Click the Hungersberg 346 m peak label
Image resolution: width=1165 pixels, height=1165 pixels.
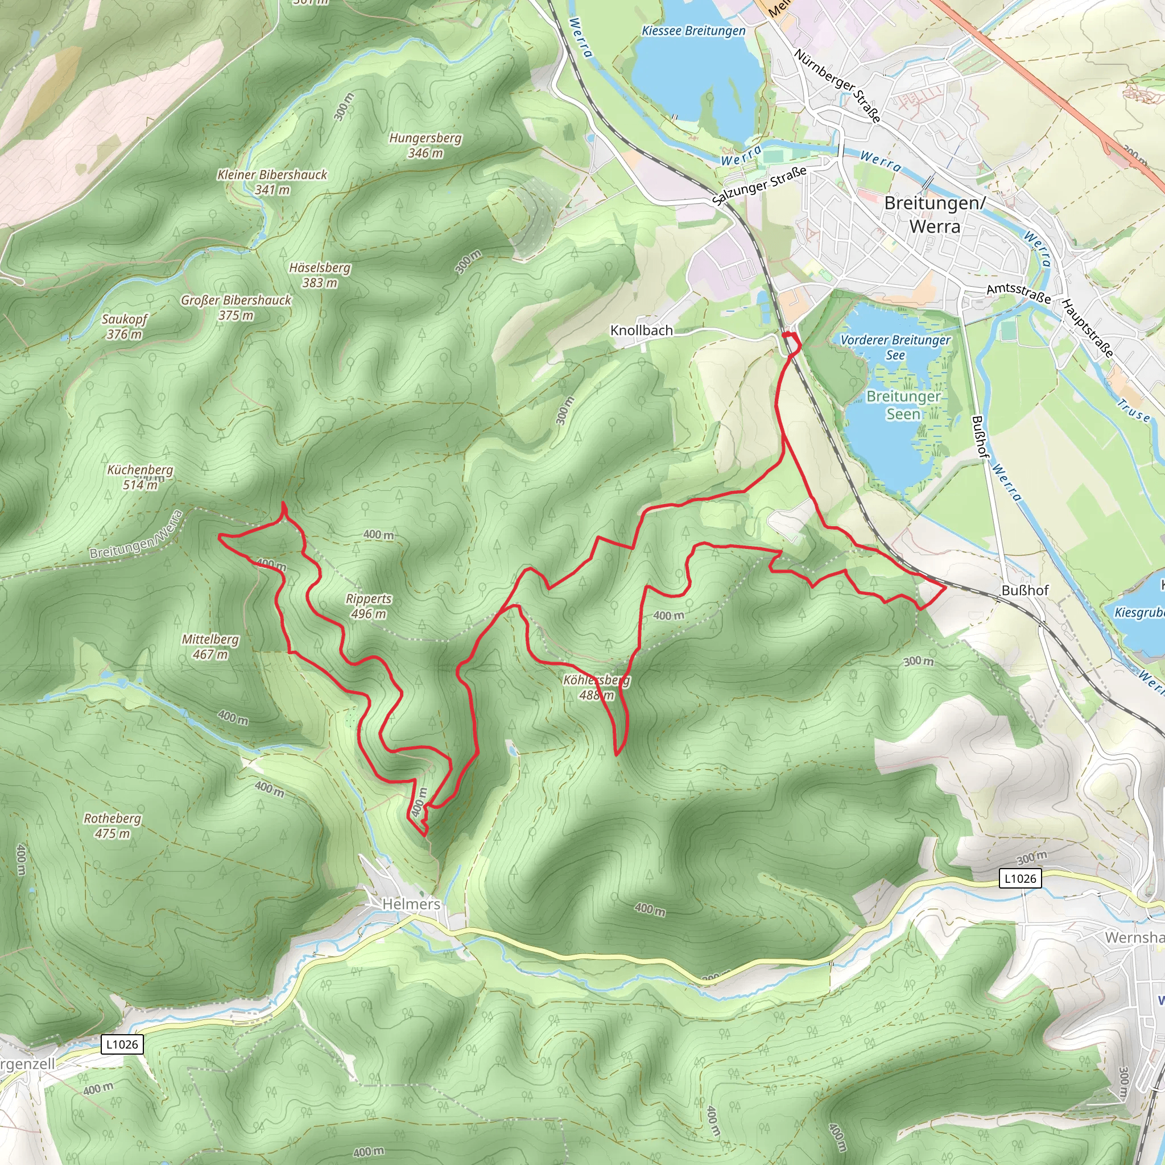[x=425, y=145]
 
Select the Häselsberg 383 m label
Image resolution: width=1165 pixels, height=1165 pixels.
[x=320, y=275]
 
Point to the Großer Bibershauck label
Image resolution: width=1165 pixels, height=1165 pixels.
[x=236, y=308]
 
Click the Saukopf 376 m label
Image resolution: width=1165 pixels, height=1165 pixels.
[x=124, y=326]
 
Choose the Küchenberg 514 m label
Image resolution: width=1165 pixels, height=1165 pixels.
[x=140, y=477]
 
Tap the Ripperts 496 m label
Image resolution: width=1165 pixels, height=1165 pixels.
[x=369, y=606]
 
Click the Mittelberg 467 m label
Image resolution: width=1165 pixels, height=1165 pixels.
[x=210, y=646]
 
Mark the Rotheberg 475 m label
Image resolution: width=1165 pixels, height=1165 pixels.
[x=112, y=825]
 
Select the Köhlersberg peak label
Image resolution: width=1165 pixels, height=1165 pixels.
[x=596, y=687]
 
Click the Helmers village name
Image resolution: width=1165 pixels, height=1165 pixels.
[x=411, y=904]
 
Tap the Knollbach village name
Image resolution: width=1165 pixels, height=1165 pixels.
[x=641, y=331]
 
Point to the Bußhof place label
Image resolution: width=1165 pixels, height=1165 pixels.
[x=1024, y=590]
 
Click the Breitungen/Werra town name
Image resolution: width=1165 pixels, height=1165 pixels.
[x=934, y=214]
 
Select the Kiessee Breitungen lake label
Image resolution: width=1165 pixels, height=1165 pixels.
[x=693, y=31]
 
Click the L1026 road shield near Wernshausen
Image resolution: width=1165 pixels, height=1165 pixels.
[x=1021, y=878]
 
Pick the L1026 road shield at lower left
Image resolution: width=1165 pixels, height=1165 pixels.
[x=122, y=1044]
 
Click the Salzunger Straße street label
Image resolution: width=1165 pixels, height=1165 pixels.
[x=759, y=185]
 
